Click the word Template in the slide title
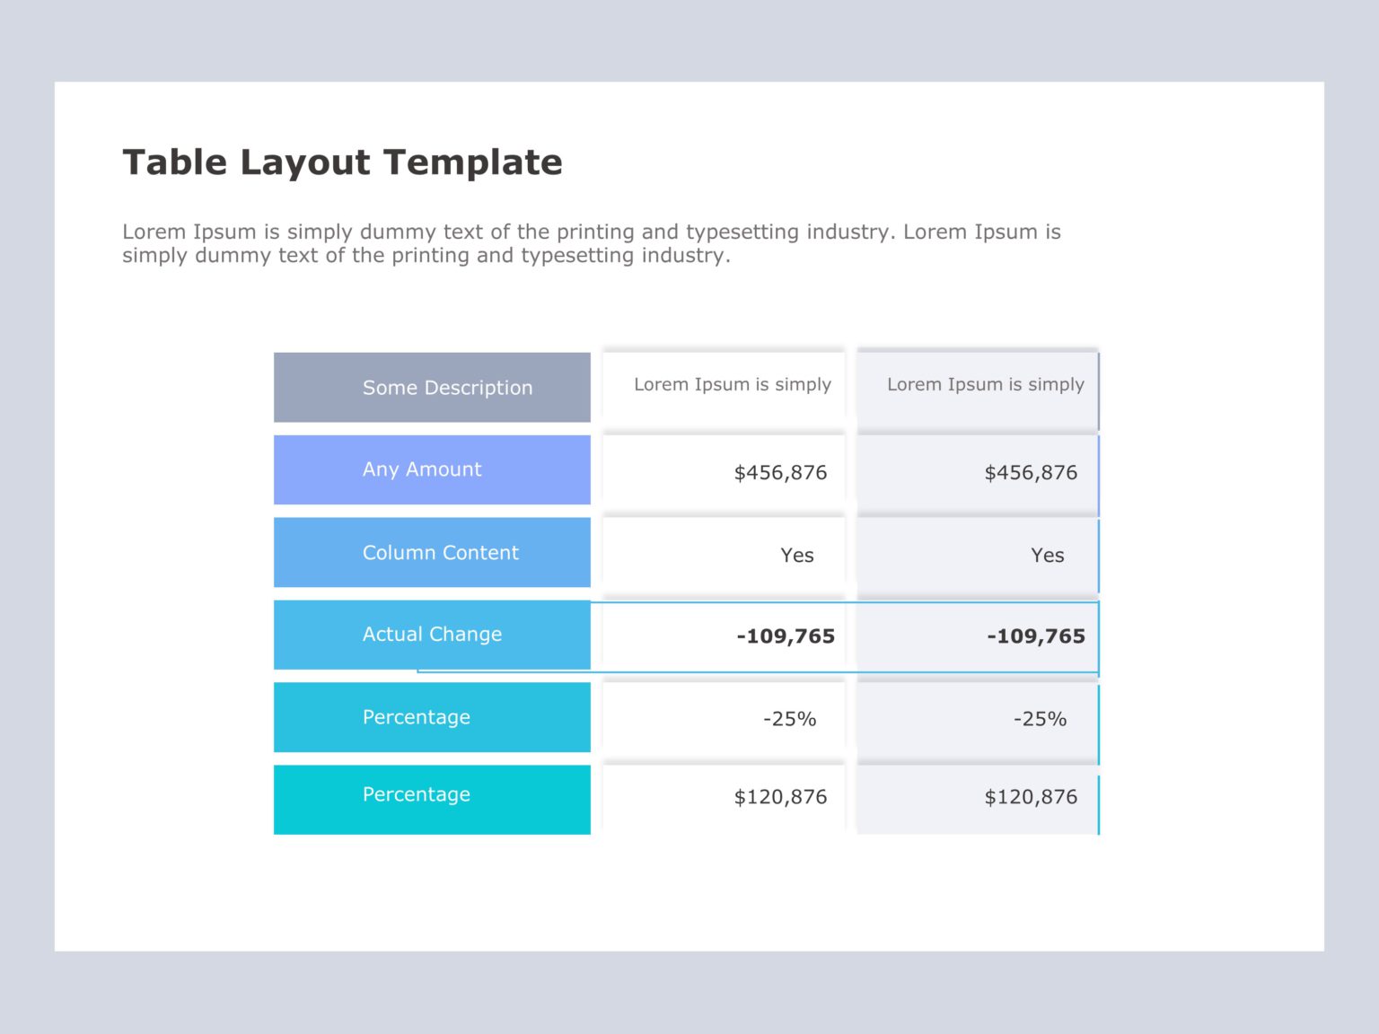tap(473, 162)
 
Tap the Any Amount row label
tap(422, 469)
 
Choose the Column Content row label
tap(440, 553)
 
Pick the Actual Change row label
tap(432, 635)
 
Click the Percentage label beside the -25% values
tap(417, 717)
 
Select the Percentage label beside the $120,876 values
tap(417, 794)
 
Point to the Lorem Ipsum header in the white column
tap(733, 384)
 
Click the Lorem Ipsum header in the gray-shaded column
tap(986, 384)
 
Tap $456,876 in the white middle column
tap(780, 473)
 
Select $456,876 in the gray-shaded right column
tap(1031, 473)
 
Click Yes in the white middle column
tap(797, 556)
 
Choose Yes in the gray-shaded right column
tap(1048, 556)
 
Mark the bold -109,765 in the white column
tap(786, 636)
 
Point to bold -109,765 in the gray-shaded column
tap(1036, 636)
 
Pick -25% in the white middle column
tap(790, 719)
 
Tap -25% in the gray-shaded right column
tap(1041, 719)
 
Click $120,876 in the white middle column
tap(780, 797)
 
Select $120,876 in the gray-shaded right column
tap(1031, 797)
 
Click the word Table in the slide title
tap(175, 162)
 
